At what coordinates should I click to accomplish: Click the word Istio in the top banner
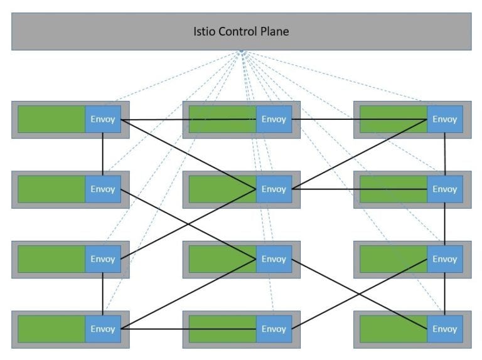click(x=205, y=31)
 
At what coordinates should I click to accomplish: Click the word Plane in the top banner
click(x=274, y=31)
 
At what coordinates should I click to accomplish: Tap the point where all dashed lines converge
click(x=241, y=52)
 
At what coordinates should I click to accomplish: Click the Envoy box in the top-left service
click(x=103, y=119)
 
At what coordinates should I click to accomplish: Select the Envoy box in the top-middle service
click(x=274, y=119)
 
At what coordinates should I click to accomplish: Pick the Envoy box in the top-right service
click(x=445, y=119)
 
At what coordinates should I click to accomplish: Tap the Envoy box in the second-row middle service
click(x=274, y=189)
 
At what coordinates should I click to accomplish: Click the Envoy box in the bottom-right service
click(x=445, y=329)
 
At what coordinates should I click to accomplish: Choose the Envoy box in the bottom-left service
click(x=103, y=329)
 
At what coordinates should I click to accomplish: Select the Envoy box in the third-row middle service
click(x=274, y=259)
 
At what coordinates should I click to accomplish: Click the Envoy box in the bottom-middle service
click(x=274, y=329)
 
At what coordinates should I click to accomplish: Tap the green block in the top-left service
click(x=51, y=119)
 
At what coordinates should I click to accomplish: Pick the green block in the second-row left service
click(x=51, y=189)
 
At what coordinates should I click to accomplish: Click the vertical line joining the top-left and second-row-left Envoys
click(x=103, y=154)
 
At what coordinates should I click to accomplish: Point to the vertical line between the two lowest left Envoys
click(x=103, y=294)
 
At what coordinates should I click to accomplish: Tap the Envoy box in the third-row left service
click(x=103, y=259)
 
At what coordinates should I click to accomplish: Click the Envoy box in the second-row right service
click(x=445, y=189)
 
